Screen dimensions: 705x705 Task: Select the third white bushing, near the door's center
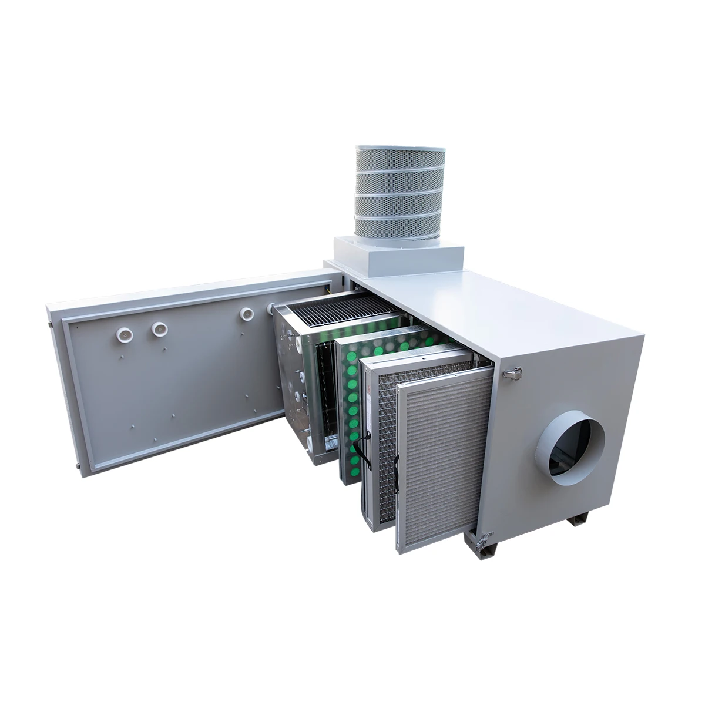246,315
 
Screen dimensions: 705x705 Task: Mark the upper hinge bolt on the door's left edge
52,323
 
